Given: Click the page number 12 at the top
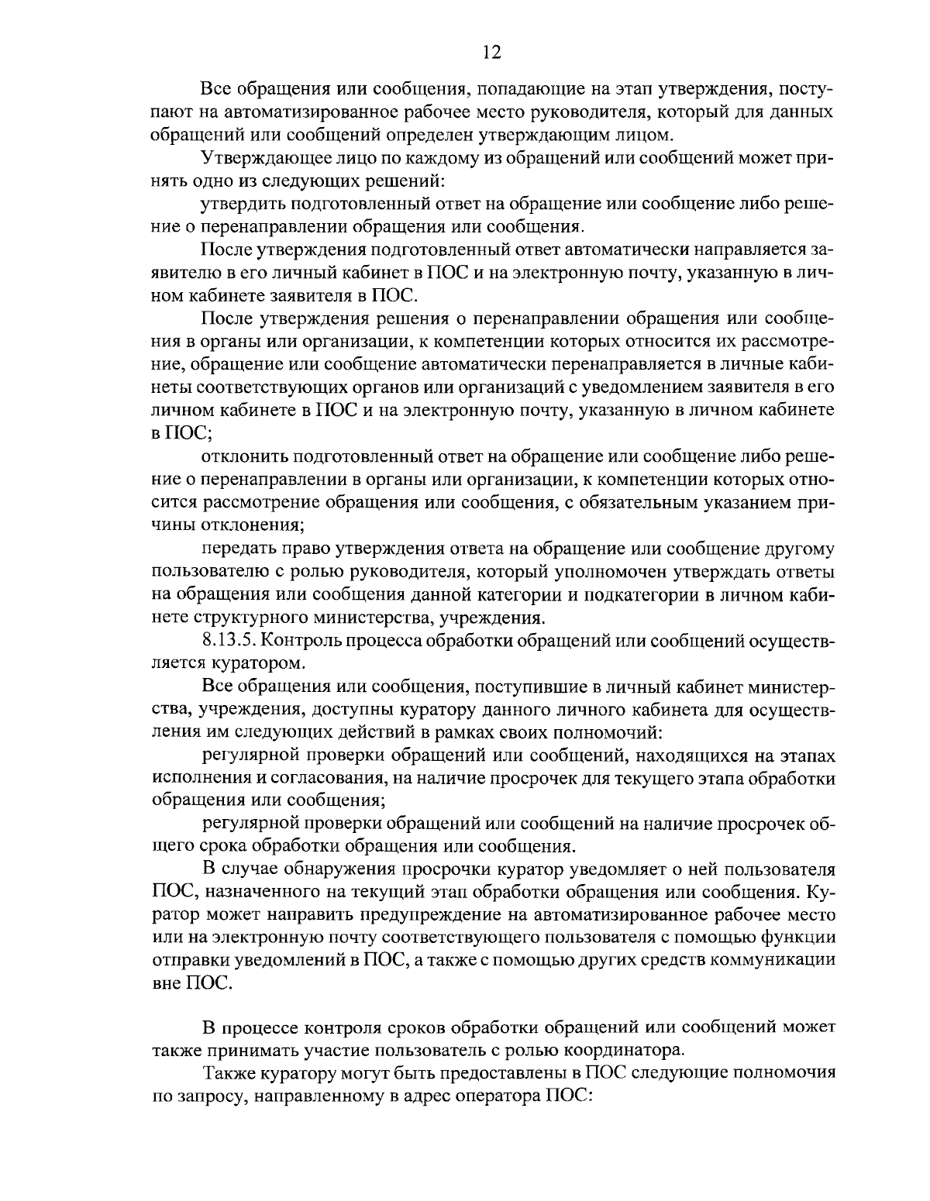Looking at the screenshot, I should pos(491,52).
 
